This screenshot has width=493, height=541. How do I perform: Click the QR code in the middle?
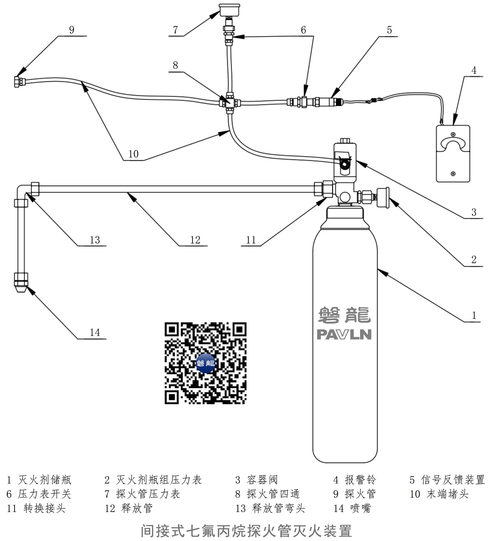click(x=205, y=363)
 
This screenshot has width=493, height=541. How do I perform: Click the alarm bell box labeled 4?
click(x=453, y=154)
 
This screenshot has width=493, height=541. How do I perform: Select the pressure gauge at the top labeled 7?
click(x=229, y=10)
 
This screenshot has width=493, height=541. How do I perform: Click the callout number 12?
click(x=195, y=240)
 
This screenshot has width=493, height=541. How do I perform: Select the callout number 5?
click(x=389, y=30)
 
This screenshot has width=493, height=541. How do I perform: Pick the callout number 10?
click(x=133, y=154)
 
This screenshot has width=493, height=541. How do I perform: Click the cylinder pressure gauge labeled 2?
click(x=383, y=197)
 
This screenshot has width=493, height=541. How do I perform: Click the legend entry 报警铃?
click(x=360, y=480)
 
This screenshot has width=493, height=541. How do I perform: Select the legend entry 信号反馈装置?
click(x=453, y=480)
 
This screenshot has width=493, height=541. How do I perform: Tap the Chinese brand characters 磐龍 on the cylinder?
click(x=344, y=315)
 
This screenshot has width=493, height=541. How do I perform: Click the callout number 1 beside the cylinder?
click(x=474, y=315)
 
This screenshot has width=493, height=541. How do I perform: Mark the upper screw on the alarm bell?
click(x=453, y=134)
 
